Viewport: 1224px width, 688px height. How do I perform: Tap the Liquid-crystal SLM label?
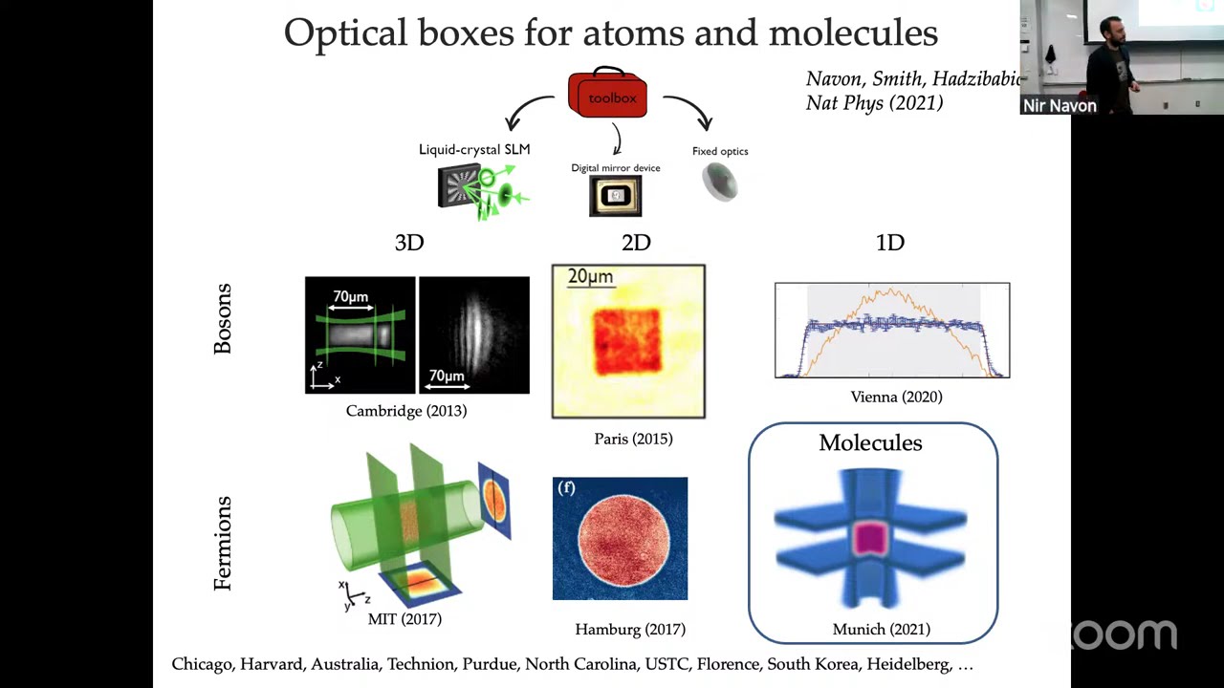(x=474, y=149)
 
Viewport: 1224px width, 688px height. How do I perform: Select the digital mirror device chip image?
(x=616, y=196)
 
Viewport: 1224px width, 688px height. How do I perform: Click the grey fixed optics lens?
(x=720, y=182)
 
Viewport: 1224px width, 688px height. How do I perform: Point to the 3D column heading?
(x=409, y=243)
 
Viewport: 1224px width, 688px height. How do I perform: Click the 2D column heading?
(x=636, y=243)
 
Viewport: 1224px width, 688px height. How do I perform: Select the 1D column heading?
(x=890, y=243)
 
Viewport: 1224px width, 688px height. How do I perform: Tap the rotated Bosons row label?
(x=223, y=319)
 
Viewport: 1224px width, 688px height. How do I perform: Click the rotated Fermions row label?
(x=223, y=543)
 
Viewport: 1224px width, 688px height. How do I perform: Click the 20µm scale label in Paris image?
(x=590, y=277)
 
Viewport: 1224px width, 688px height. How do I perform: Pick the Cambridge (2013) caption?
(x=406, y=411)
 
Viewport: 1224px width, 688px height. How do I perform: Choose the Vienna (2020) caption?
(x=896, y=397)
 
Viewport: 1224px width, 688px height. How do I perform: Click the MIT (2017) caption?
(x=404, y=619)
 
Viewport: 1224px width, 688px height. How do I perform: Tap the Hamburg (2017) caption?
(x=630, y=629)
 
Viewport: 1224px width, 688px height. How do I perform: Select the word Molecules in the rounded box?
(x=870, y=442)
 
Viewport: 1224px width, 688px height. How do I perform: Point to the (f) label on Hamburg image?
(x=566, y=487)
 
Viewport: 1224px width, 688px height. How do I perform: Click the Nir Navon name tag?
(x=1060, y=106)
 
